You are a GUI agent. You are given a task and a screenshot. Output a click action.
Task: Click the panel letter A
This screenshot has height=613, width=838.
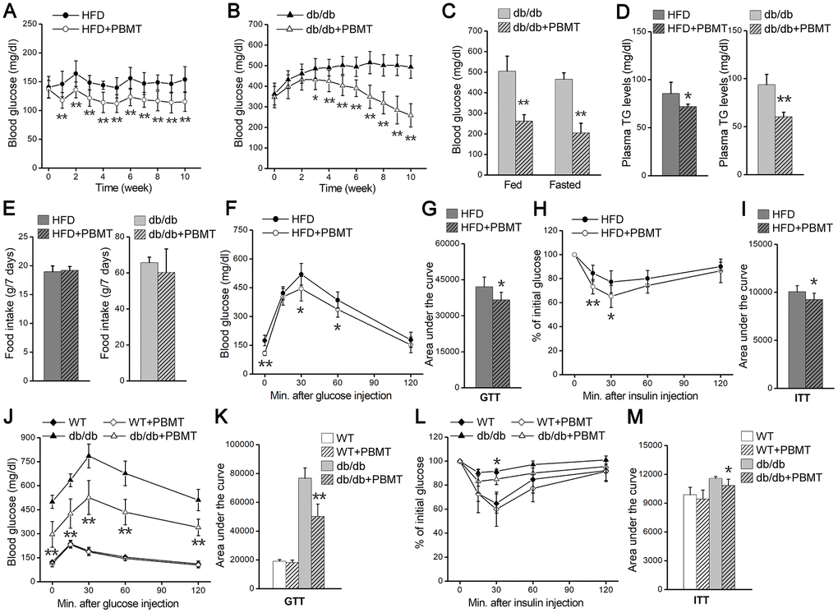pyautogui.click(x=13, y=11)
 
